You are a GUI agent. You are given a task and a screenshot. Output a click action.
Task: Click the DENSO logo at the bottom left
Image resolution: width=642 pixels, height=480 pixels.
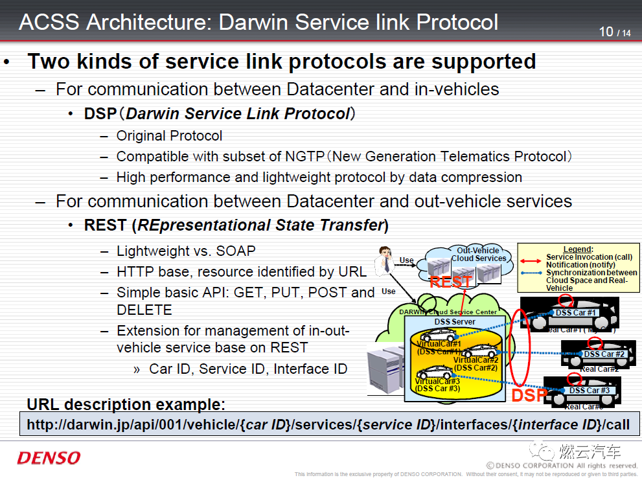pos(49,458)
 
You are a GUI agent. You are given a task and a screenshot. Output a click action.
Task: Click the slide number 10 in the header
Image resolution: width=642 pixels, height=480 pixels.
pos(606,31)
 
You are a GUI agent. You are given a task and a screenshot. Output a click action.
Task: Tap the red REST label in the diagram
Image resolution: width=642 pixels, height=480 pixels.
pos(450,282)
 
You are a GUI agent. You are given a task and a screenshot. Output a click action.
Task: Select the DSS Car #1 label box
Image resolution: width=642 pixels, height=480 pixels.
pos(576,313)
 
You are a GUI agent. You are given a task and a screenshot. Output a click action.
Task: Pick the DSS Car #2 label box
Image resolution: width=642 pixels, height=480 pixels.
pos(604,354)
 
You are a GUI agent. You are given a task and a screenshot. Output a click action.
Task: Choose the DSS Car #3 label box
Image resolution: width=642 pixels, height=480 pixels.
pos(589,391)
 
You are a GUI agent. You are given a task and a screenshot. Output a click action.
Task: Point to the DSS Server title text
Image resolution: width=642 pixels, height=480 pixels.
pos(455,322)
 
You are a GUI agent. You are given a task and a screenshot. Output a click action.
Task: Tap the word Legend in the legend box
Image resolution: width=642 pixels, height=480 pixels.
pos(577,249)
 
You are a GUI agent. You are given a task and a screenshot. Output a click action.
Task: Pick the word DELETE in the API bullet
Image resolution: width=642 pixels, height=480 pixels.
pos(144,310)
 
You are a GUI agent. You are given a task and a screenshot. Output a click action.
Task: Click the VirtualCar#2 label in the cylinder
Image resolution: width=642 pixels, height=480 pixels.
pos(476,360)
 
